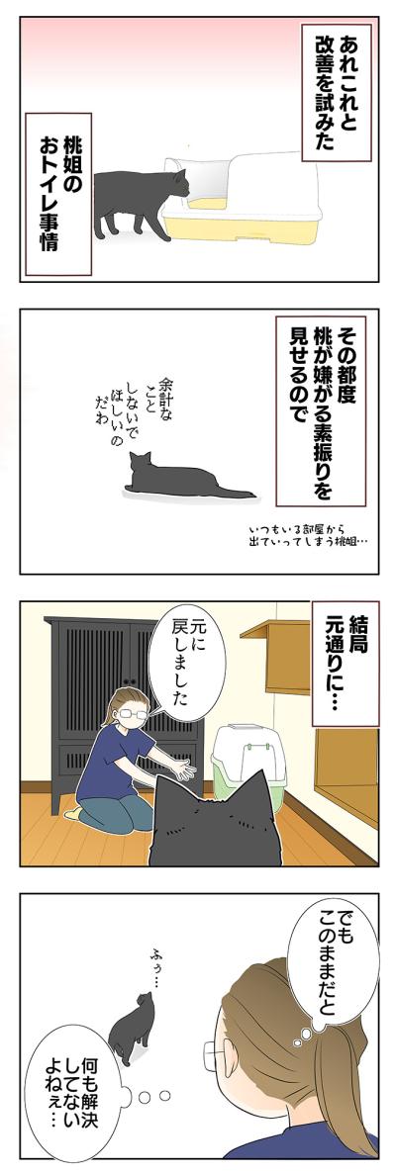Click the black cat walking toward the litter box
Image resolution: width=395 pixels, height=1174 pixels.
pos(139,203)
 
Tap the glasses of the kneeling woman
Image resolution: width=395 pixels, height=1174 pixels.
pos(135,709)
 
